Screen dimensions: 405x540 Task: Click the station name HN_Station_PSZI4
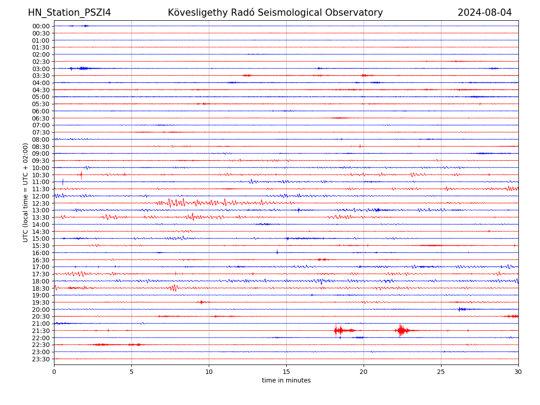(x=69, y=13)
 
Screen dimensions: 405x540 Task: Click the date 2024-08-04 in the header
(x=485, y=13)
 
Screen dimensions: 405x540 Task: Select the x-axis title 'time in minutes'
(x=286, y=381)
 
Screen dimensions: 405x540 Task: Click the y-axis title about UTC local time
(x=26, y=192)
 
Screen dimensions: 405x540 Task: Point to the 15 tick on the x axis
(x=286, y=372)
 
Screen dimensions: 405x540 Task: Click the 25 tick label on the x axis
(x=441, y=372)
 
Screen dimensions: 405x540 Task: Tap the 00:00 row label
(x=40, y=26)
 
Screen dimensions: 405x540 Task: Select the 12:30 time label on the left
(x=40, y=203)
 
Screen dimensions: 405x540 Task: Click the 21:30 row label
(x=40, y=331)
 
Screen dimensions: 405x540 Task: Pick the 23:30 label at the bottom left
(x=40, y=359)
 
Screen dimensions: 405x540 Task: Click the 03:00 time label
(x=40, y=68)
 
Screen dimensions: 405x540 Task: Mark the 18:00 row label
(x=40, y=281)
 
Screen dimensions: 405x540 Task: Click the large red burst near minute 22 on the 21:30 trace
(x=401, y=331)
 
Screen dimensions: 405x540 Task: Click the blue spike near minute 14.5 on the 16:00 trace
(x=277, y=252)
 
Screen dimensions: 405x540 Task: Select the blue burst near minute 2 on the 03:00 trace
(x=82, y=68)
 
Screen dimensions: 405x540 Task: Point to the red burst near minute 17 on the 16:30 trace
(x=322, y=260)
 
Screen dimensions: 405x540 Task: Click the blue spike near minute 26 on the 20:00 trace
(x=459, y=309)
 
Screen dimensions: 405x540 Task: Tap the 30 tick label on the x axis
(x=518, y=372)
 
